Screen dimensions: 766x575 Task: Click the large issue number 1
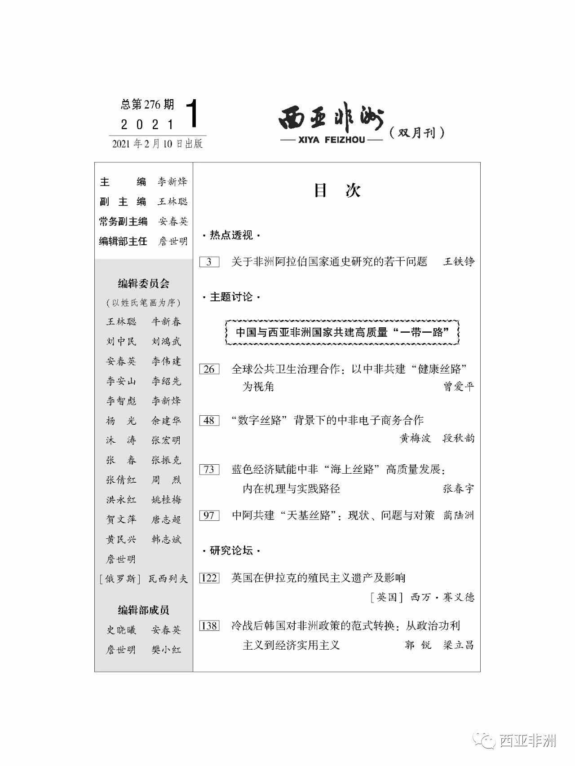pos(191,114)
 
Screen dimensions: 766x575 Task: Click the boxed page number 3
pos(209,262)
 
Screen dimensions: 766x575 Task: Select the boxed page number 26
pos(209,369)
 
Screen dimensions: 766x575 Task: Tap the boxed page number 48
pos(209,421)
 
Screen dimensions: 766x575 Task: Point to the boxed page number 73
pos(209,470)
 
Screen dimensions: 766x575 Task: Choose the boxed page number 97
pos(209,515)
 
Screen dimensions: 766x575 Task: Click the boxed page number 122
pos(209,578)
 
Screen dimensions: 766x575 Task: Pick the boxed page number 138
pos(209,626)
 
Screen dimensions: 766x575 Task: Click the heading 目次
pos(337,191)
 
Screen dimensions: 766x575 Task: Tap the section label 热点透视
pos(231,235)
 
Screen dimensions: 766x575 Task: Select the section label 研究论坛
pos(231,550)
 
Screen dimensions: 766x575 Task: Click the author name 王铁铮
pos(459,262)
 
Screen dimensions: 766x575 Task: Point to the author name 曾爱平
pos(459,387)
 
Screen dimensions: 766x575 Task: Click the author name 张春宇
pos(459,489)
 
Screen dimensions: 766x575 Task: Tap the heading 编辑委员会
pos(143,284)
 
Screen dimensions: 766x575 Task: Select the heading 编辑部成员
pos(143,610)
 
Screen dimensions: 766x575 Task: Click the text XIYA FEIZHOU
pos(332,140)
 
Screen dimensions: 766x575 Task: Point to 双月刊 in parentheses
pos(417,133)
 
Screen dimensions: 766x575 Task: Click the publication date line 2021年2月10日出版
pos(157,144)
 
